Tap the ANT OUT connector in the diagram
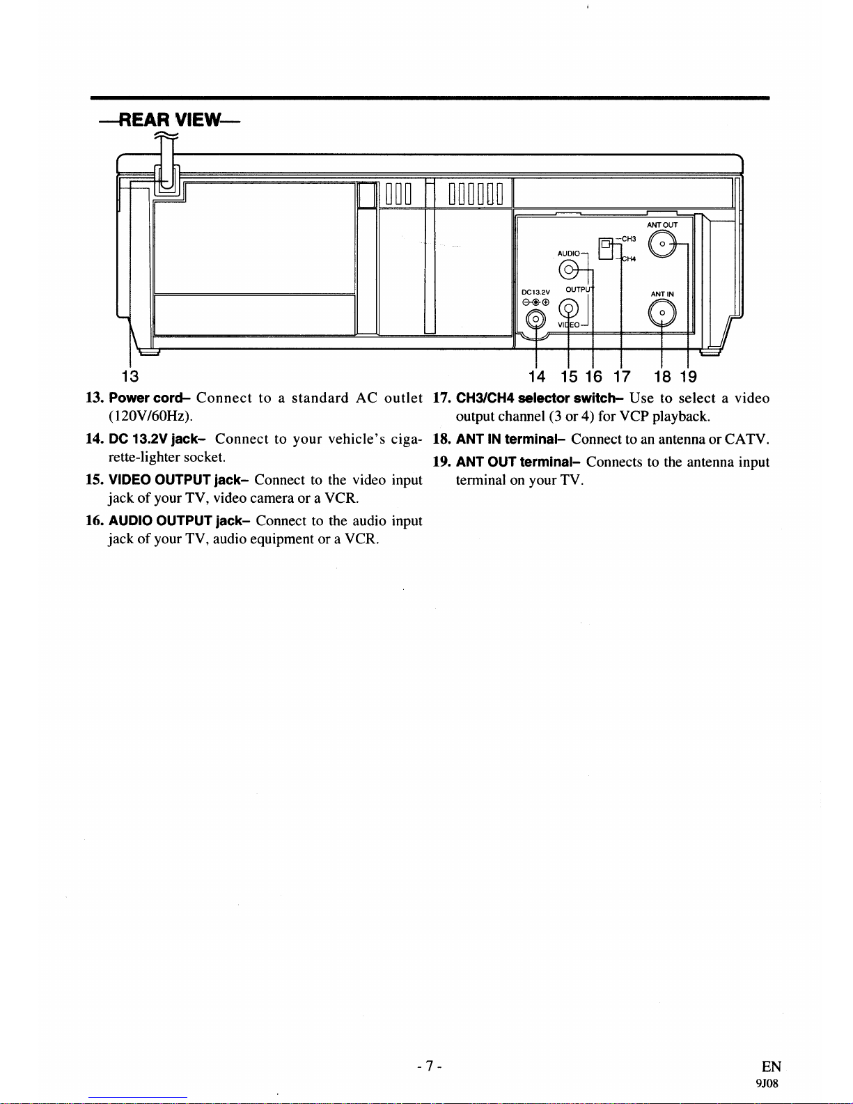pos(662,244)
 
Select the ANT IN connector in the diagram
pos(662,313)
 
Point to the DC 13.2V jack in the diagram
pos(535,319)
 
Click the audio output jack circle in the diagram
pos(569,270)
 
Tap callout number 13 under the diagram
pos(130,377)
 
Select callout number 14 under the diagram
pos(537,377)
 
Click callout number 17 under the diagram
pos(621,377)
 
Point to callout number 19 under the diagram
pos(688,377)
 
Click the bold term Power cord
pos(149,398)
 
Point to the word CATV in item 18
pos(746,440)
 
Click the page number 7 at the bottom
pos(430,1066)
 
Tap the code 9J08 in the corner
pos(767,1083)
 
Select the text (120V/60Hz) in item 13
pos(150,417)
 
